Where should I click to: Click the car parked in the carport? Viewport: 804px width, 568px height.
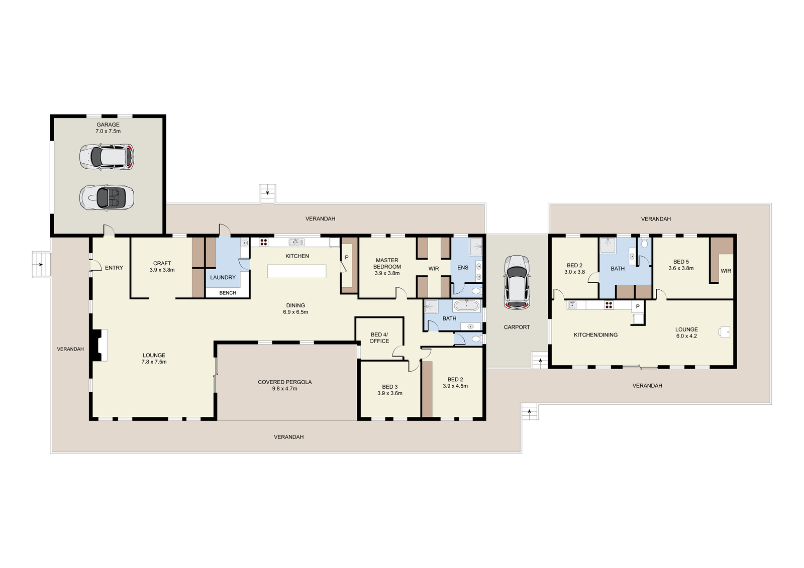[517, 282]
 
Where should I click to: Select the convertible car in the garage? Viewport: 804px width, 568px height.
[107, 197]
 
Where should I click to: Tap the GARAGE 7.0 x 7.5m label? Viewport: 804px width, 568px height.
[108, 128]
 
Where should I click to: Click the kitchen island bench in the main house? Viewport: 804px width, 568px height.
[297, 271]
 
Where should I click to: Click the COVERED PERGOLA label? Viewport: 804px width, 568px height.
[284, 385]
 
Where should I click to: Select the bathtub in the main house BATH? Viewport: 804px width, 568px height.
[466, 306]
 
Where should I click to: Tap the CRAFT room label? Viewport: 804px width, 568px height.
[162, 266]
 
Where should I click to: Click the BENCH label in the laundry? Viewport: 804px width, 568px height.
[228, 293]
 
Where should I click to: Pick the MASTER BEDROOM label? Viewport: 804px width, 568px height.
[387, 267]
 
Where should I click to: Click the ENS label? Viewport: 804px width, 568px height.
[463, 267]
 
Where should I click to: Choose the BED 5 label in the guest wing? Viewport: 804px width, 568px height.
[681, 265]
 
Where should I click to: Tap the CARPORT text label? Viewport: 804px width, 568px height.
[517, 327]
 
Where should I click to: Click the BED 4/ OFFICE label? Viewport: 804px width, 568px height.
[379, 337]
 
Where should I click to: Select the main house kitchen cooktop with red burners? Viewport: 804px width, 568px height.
[263, 242]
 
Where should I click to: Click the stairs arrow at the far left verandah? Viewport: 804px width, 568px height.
[41, 265]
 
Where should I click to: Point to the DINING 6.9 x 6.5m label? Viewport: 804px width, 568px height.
[295, 308]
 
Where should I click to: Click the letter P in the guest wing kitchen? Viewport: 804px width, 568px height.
[638, 306]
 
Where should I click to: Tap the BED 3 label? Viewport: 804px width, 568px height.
[390, 390]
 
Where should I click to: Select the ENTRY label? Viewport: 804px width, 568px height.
[114, 268]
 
